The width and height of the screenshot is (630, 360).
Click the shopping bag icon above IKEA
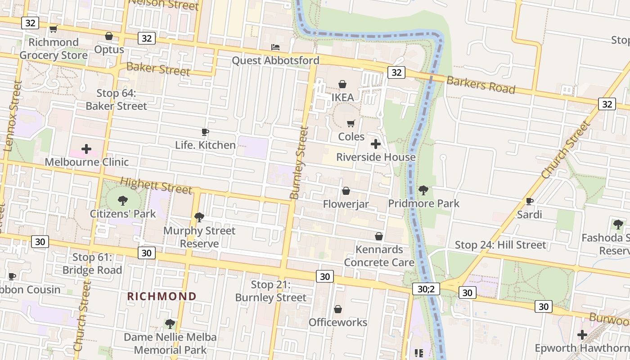[342, 84]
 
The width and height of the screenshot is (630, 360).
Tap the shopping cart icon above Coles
[351, 123]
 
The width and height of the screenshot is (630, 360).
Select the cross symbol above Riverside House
[375, 144]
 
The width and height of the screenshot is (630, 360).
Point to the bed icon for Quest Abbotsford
[275, 47]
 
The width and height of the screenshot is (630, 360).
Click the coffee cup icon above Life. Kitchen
[205, 132]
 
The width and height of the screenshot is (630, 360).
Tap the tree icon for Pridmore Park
[423, 190]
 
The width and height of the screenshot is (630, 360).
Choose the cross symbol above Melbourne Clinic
[86, 149]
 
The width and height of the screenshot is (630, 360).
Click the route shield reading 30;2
[426, 289]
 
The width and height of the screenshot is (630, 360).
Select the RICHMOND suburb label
[162, 296]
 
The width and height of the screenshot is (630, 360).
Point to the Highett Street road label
[156, 185]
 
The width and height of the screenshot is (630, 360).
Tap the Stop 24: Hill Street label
[500, 245]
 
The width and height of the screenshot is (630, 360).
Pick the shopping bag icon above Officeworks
[337, 309]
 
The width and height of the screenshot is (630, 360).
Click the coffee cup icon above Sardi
[529, 201]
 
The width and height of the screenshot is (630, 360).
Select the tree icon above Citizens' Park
[122, 200]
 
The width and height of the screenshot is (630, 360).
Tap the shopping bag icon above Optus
[109, 36]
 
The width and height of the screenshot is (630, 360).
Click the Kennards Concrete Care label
[379, 256]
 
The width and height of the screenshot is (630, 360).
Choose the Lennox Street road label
[13, 116]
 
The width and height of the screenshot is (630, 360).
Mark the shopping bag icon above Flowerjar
[346, 191]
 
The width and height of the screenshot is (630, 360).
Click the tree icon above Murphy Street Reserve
[199, 217]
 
